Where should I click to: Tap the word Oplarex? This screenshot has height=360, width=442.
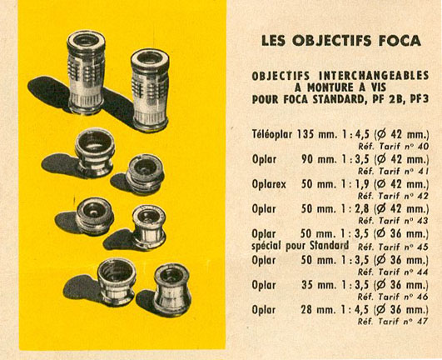click(269, 184)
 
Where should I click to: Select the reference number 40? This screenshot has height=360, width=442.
click(423, 147)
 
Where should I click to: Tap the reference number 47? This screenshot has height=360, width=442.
click(423, 322)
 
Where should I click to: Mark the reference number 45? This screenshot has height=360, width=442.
click(423, 247)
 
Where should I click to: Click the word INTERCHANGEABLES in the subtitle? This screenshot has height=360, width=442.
click(374, 76)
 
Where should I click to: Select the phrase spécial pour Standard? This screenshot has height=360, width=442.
click(300, 246)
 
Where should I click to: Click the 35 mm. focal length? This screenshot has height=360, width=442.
click(319, 285)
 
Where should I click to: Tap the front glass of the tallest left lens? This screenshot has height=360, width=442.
click(86, 41)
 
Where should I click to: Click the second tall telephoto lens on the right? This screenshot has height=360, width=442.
click(150, 90)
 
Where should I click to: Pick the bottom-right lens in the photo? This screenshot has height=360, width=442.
click(172, 289)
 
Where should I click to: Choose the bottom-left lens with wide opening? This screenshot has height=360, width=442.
click(117, 282)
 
